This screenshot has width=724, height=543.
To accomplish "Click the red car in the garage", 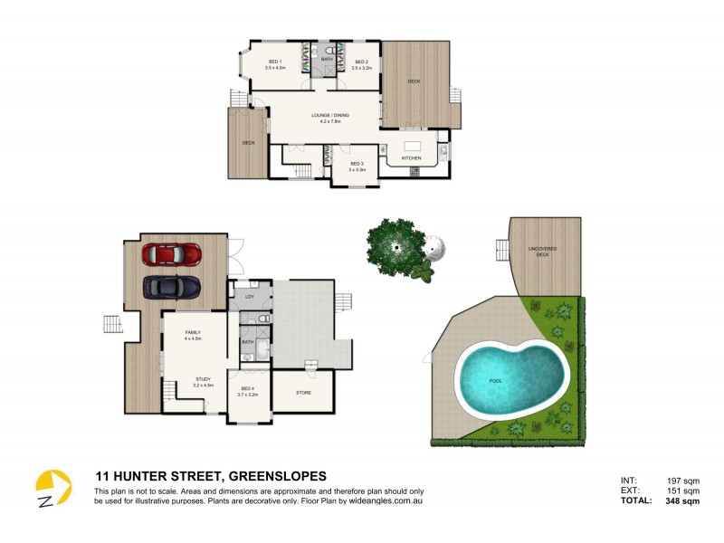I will coord(171,255).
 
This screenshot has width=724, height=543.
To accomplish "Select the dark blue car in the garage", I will coord(171,287).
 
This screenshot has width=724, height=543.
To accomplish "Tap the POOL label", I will coord(494,381).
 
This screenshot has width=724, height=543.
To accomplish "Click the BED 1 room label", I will coord(275,62).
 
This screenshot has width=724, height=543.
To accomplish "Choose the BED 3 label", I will coord(357,164).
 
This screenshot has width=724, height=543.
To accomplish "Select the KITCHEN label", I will coord(412,158).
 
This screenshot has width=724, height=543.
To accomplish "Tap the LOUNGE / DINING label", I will coord(330,116).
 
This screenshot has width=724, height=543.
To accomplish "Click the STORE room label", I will coord(304,393).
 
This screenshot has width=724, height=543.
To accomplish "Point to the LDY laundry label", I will coord(249,296).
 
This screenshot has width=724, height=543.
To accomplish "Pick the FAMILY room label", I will coord(193,333).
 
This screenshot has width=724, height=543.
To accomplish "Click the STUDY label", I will coord(203,379).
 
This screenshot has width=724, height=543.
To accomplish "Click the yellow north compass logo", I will coord(52,490).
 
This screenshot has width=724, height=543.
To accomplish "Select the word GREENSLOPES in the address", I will coord(277,476).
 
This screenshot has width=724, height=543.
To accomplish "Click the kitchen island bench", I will coord(413,147).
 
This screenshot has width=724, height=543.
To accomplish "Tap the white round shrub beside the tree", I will coord(434,247).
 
